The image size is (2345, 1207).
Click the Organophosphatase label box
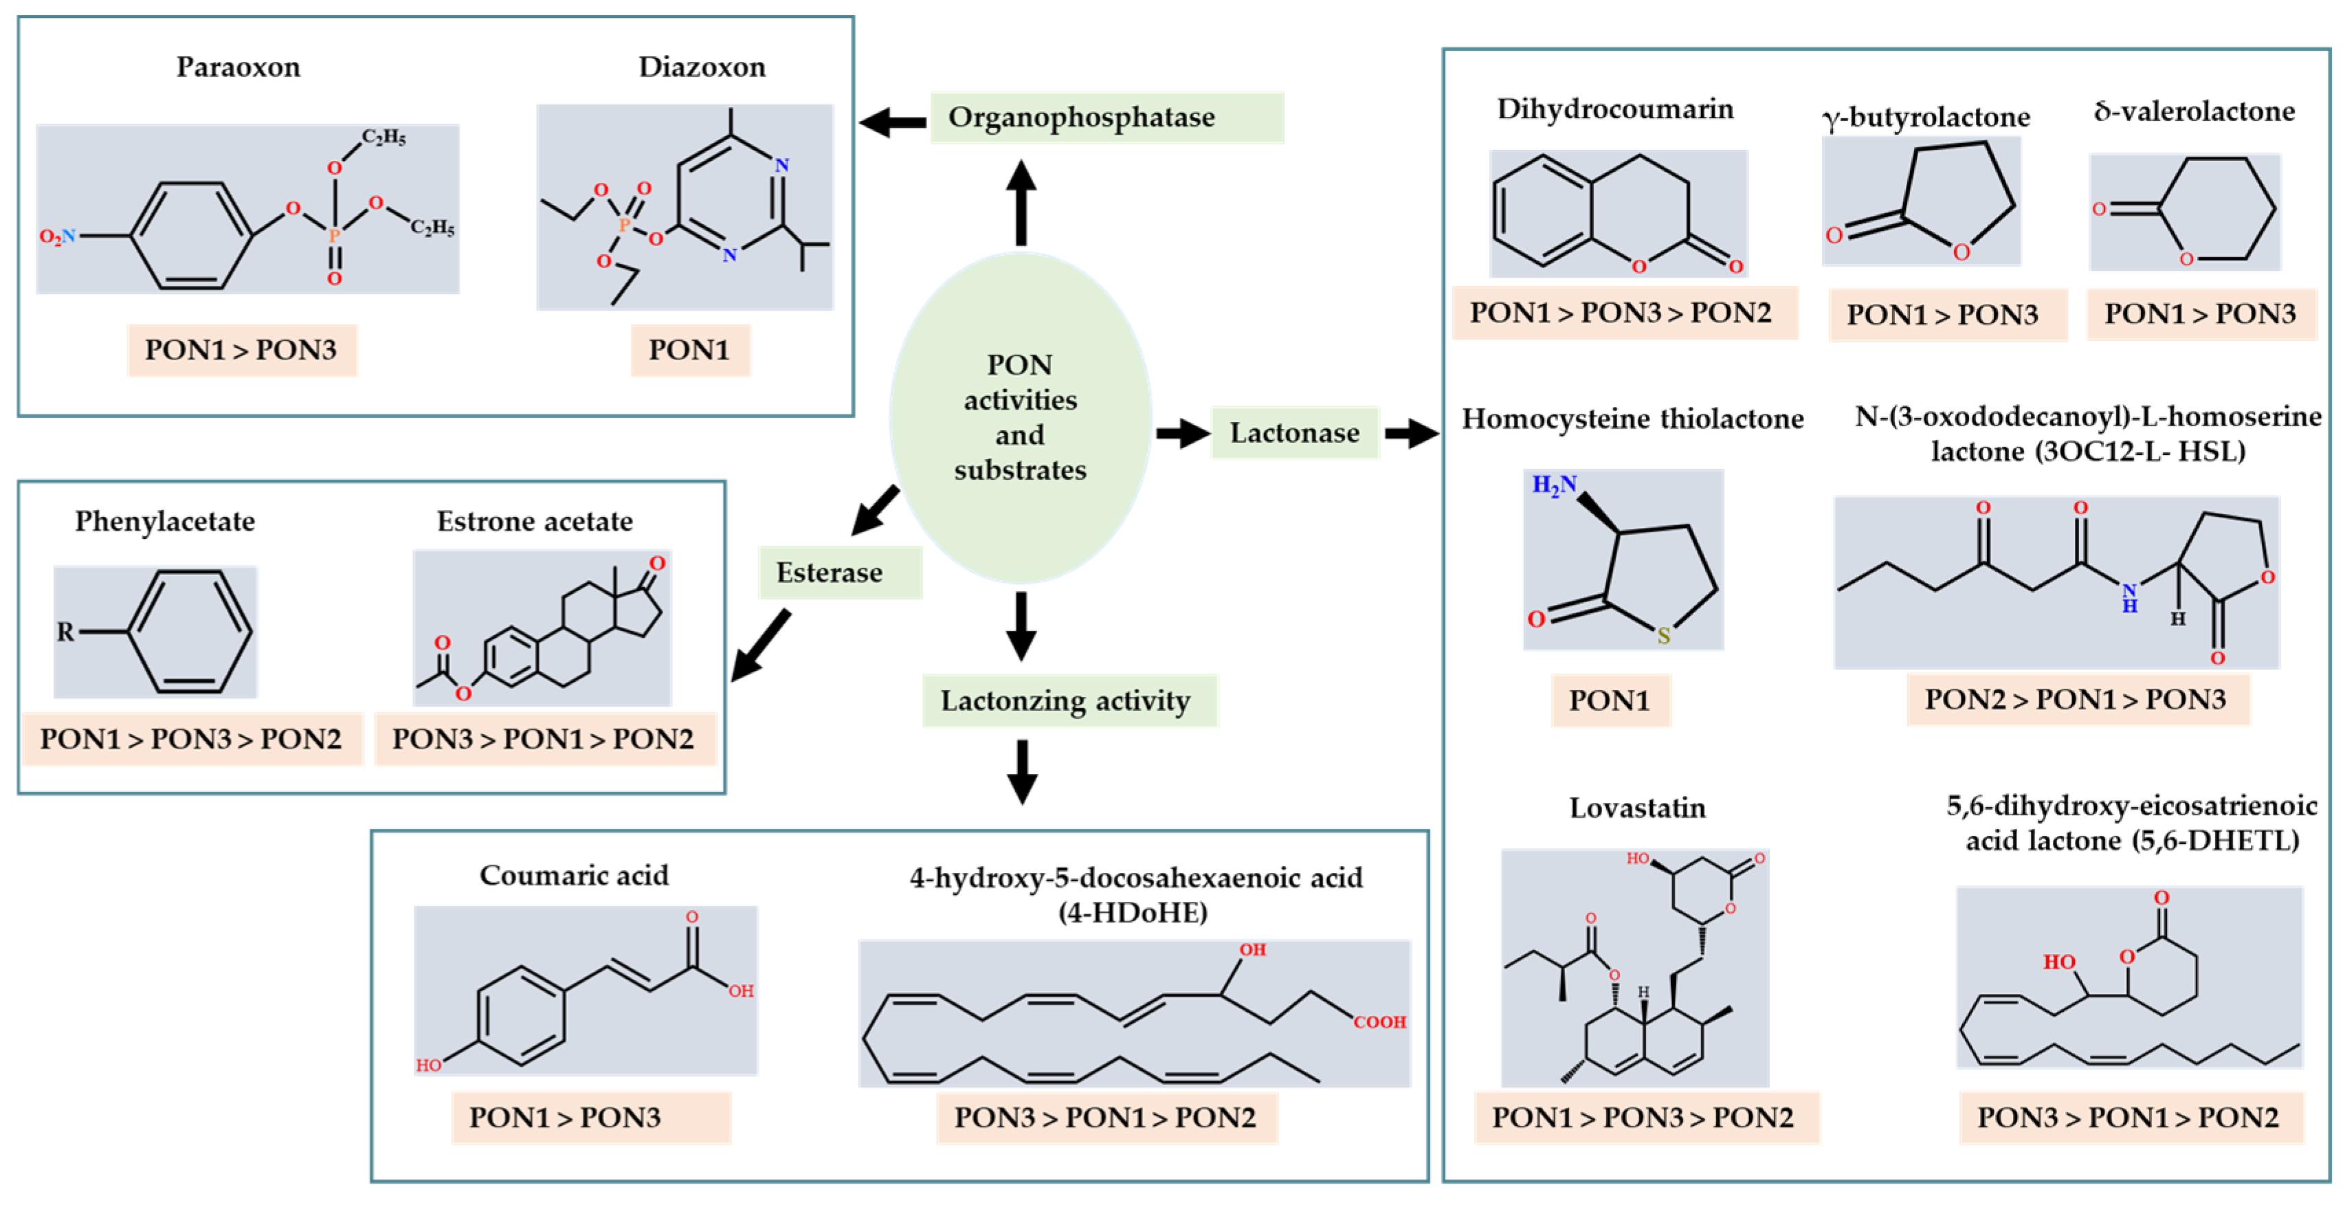(1106, 118)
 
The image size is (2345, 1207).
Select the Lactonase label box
(1293, 432)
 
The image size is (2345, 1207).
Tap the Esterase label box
(838, 573)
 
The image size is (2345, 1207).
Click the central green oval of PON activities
(1019, 418)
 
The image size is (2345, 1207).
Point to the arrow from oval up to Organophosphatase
(1021, 203)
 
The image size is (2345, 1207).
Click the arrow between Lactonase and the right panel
(1410, 432)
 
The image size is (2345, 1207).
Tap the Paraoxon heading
(238, 67)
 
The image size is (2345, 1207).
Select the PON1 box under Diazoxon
(689, 350)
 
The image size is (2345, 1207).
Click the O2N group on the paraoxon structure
(56, 236)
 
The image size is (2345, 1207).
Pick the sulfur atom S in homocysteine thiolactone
(1663, 635)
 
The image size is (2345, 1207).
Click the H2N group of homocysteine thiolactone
(1553, 485)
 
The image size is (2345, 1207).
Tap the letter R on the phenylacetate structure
(65, 631)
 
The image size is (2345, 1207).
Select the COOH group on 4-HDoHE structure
(1379, 1022)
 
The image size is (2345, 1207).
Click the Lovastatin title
(1637, 808)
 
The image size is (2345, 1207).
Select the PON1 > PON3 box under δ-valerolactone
(2199, 314)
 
